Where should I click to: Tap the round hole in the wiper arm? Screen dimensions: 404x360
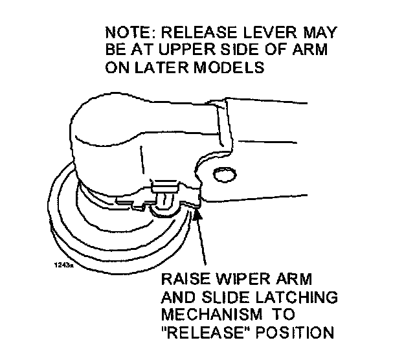(224, 174)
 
